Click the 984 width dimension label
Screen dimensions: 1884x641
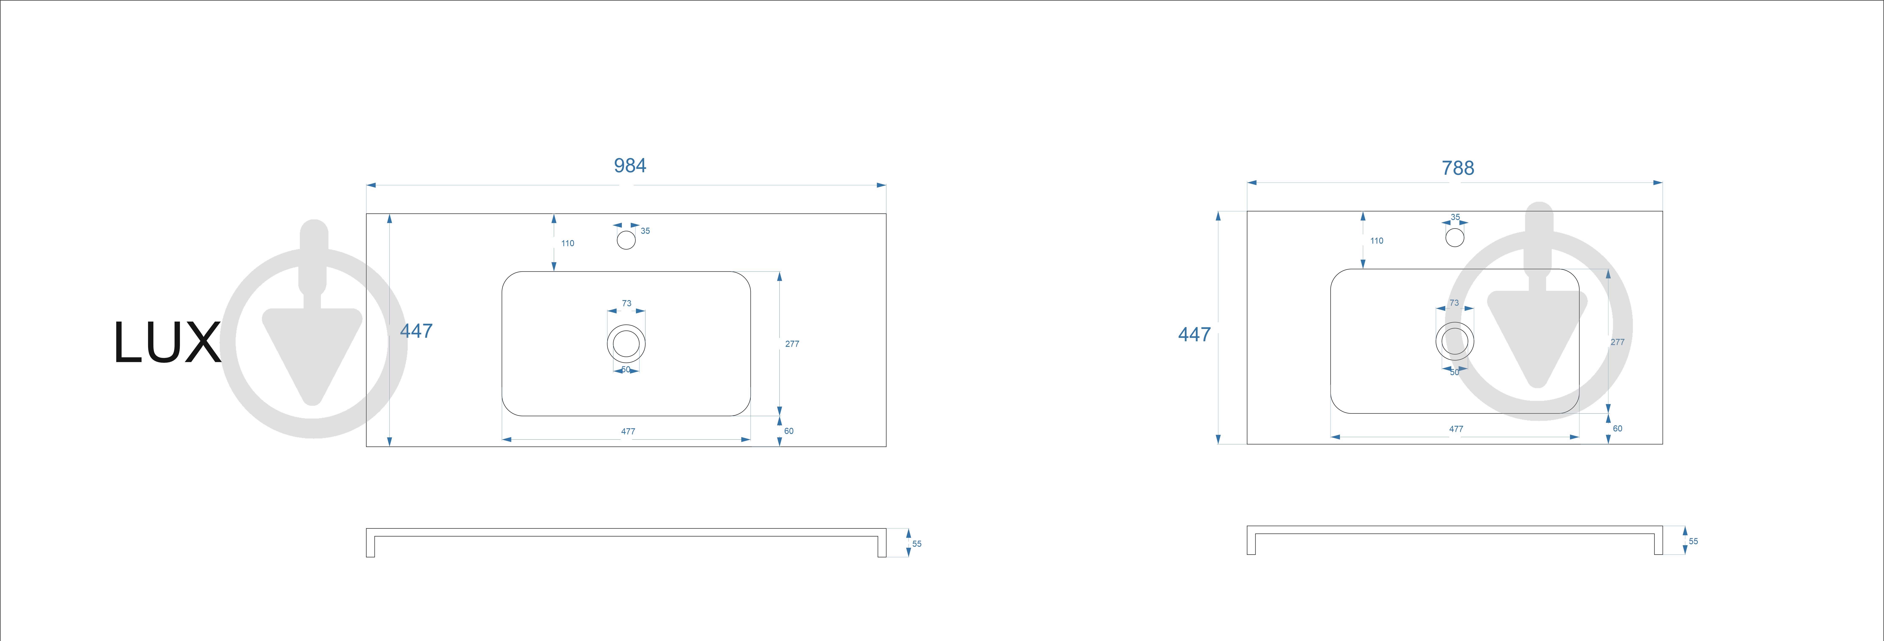pyautogui.click(x=630, y=166)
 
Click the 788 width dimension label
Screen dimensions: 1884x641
pyautogui.click(x=1458, y=168)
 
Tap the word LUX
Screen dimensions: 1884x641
pyautogui.click(x=167, y=343)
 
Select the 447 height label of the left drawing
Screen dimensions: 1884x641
pyautogui.click(x=416, y=331)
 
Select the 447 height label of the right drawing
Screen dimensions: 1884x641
pyautogui.click(x=1194, y=335)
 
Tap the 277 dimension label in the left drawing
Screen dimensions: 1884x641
pyautogui.click(x=792, y=343)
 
